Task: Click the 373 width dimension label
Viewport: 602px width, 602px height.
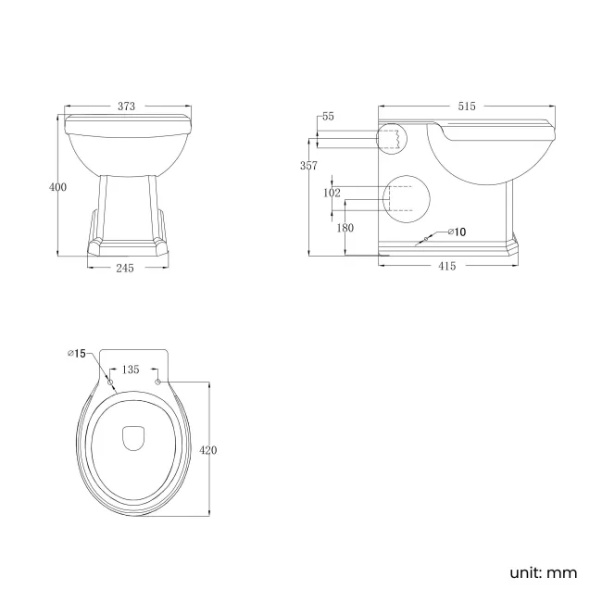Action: point(126,107)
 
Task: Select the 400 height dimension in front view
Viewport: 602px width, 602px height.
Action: point(57,187)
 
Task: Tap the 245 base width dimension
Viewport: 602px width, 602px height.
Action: point(126,268)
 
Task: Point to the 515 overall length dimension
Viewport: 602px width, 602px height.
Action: point(468,107)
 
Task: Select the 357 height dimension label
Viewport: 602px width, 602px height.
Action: point(308,166)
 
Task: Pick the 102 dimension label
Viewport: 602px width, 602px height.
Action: point(332,193)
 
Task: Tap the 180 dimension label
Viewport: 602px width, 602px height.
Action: point(345,228)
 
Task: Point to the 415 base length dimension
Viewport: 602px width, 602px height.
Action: point(446,267)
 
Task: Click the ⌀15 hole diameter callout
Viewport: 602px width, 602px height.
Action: point(76,354)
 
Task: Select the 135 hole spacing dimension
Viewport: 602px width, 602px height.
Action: point(132,370)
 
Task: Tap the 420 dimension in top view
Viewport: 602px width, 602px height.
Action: point(208,449)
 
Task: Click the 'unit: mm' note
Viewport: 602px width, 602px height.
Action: point(543,572)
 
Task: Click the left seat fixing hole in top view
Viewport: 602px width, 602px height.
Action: point(110,382)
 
